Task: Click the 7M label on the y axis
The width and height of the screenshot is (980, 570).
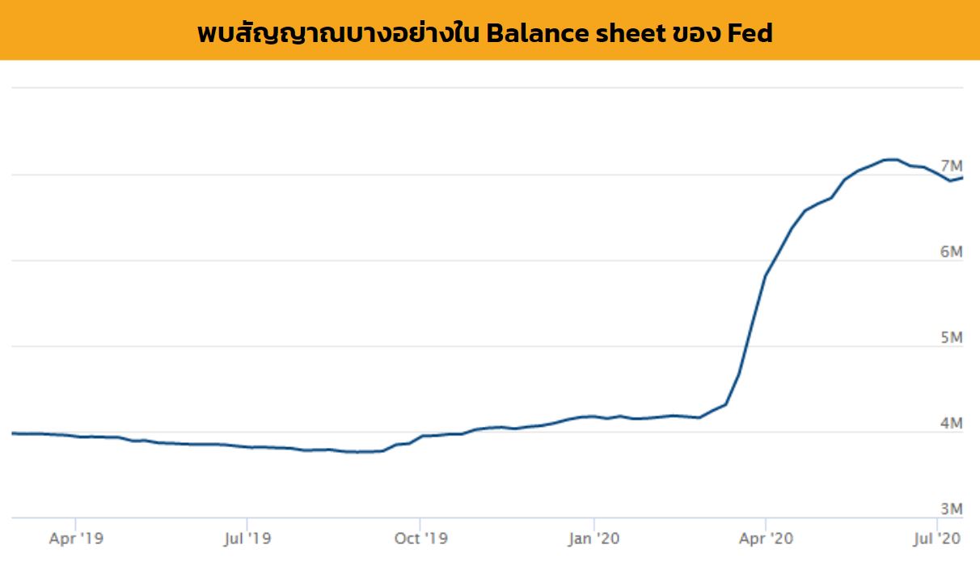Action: (951, 166)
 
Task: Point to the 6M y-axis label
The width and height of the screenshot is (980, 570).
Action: (951, 251)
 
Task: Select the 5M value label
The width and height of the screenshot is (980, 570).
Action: (951, 337)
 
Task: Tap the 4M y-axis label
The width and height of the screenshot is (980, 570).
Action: (951, 423)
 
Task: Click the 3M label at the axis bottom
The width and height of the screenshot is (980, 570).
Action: (951, 509)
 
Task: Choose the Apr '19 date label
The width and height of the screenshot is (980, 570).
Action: (76, 538)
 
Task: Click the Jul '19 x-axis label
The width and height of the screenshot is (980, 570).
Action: (247, 538)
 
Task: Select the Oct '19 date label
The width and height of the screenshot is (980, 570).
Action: (420, 538)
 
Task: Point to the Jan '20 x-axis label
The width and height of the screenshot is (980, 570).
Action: (594, 538)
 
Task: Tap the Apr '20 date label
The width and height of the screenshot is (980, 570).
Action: (766, 538)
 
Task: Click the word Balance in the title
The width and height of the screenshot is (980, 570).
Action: (533, 33)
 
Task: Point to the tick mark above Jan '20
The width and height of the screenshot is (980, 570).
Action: (594, 521)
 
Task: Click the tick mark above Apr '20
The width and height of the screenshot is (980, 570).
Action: (766, 521)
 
